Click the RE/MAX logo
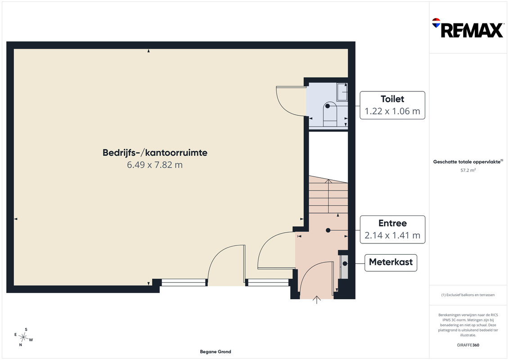point(468,28)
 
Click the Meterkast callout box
point(391,263)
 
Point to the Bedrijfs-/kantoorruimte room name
point(155,153)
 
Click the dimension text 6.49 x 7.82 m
point(155,165)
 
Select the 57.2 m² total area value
point(468,170)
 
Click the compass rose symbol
point(23,337)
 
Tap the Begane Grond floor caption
point(216,351)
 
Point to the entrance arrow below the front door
point(317,300)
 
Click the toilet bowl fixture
point(330,113)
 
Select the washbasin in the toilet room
point(342,92)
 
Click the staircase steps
point(328,195)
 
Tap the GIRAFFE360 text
point(468,345)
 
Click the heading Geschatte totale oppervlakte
point(467,162)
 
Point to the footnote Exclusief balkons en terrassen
point(468,295)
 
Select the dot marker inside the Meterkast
point(345,264)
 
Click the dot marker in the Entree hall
point(328,230)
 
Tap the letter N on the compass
point(20,345)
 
